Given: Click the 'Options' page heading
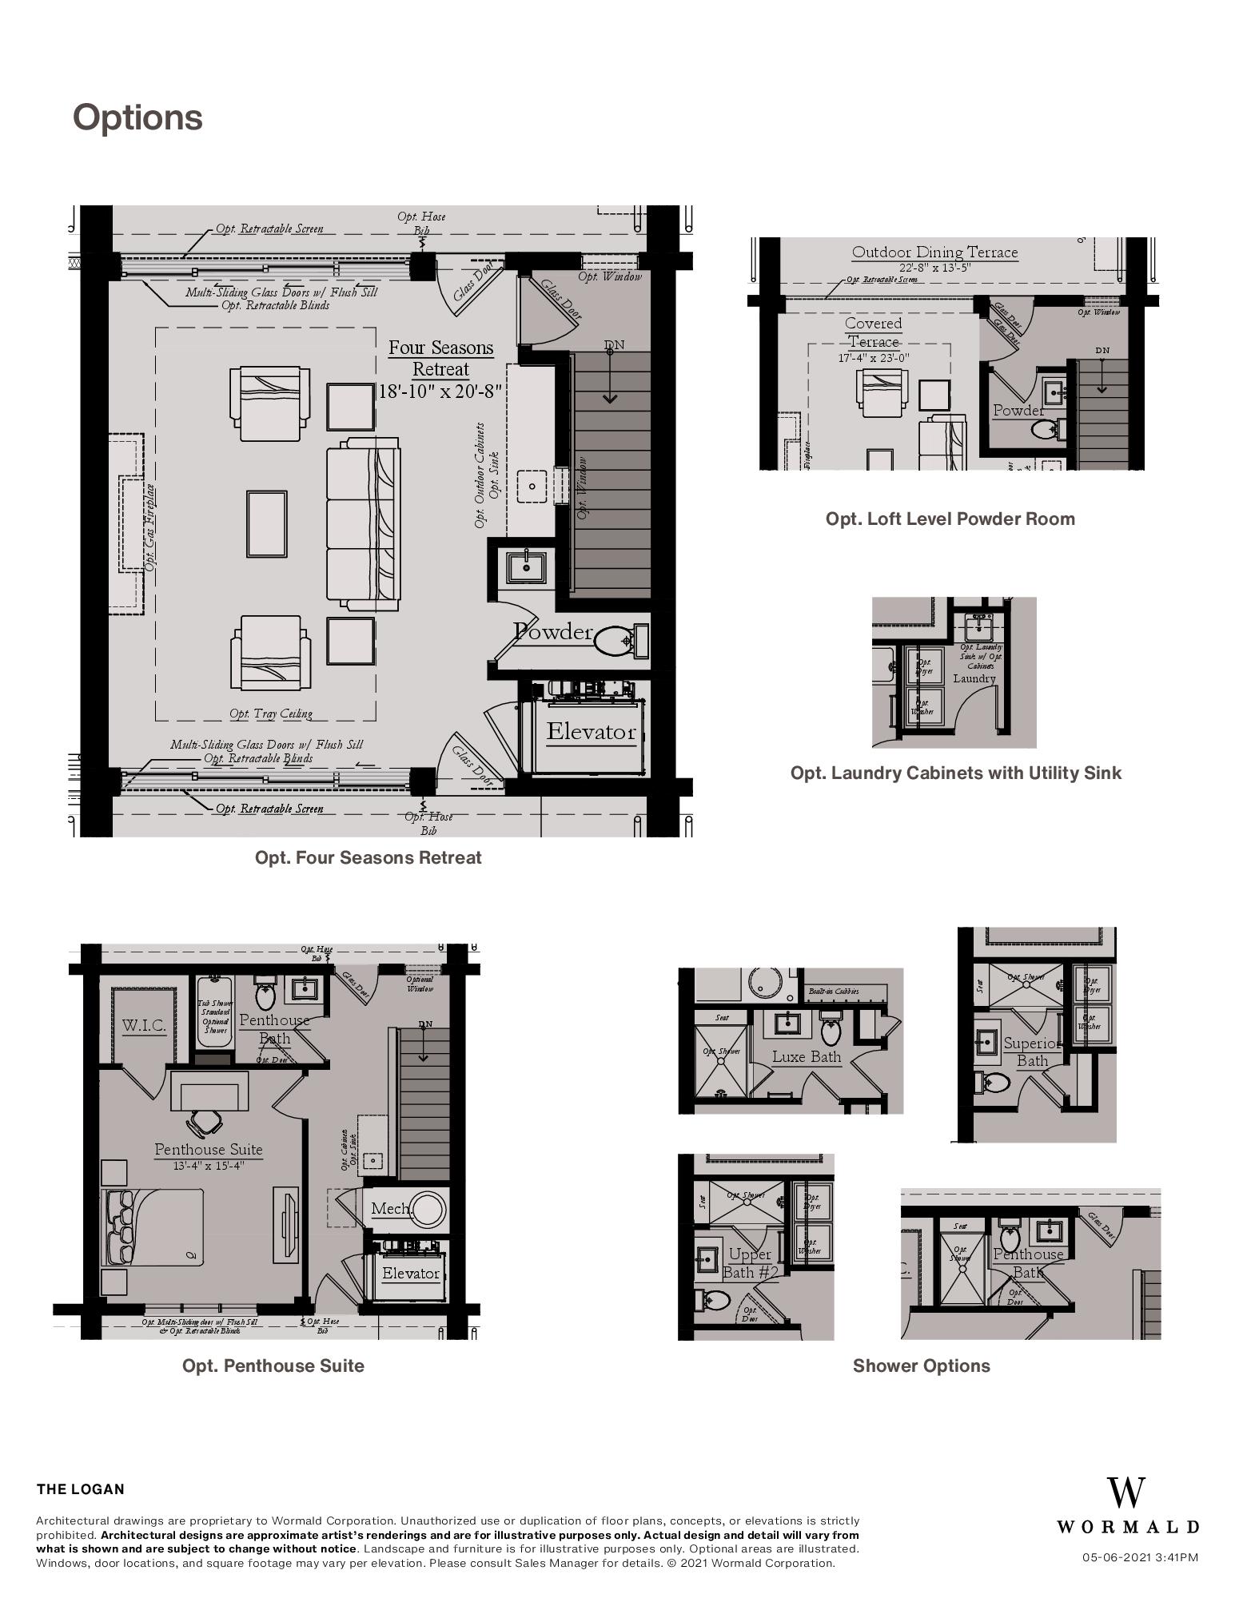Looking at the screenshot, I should pyautogui.click(x=137, y=117).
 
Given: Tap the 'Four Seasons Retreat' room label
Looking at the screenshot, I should pyautogui.click(x=440, y=359).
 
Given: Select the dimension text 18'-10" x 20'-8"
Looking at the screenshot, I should pyautogui.click(x=440, y=392).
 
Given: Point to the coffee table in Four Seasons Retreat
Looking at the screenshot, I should pyautogui.click(x=266, y=524).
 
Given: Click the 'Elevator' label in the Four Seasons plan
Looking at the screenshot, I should pyautogui.click(x=591, y=731).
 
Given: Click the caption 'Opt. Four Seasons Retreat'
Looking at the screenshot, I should pyautogui.click(x=368, y=857).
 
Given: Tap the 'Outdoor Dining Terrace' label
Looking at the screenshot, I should pyautogui.click(x=934, y=252).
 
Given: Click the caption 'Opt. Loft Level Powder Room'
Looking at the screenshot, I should pyautogui.click(x=950, y=519).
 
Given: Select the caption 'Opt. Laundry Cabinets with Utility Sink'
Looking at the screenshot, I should pyautogui.click(x=955, y=773).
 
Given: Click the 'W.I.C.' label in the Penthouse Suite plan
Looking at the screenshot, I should pyautogui.click(x=145, y=1025).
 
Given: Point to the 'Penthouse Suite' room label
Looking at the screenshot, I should pyautogui.click(x=208, y=1149).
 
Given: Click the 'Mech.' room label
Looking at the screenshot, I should pyautogui.click(x=391, y=1209).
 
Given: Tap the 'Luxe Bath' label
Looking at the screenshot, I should pyautogui.click(x=806, y=1056).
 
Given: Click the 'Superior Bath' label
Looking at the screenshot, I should pyautogui.click(x=1031, y=1052).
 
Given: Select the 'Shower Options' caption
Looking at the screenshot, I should pyautogui.click(x=921, y=1365).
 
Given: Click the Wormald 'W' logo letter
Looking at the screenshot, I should pyautogui.click(x=1126, y=1493).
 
